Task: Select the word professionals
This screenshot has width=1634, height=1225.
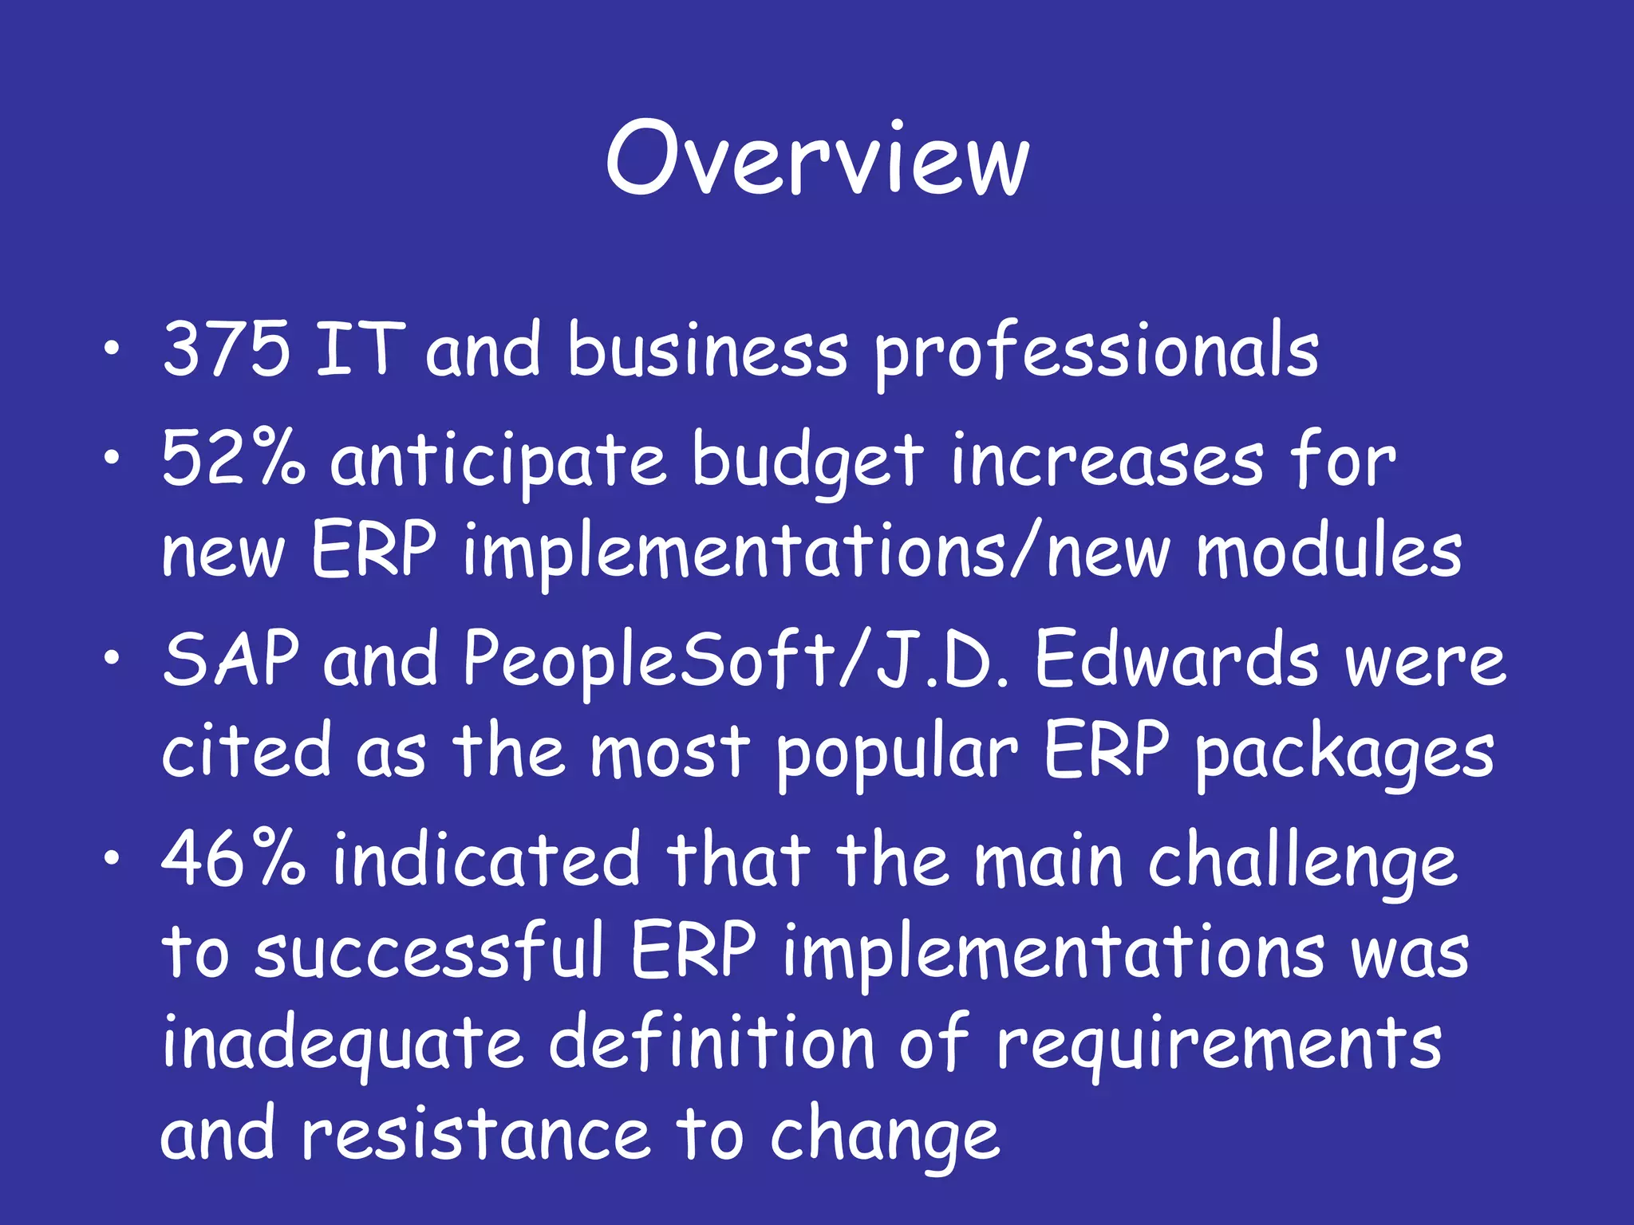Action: pyautogui.click(x=1096, y=353)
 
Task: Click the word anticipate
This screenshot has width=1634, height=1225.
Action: pyautogui.click(x=499, y=463)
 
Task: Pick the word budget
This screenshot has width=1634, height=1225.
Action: pyautogui.click(x=807, y=463)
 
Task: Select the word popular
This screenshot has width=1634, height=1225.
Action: pyautogui.click(x=897, y=754)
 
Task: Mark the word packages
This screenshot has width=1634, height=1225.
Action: pyautogui.click(x=1345, y=754)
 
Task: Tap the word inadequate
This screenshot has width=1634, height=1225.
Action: pyautogui.click(x=343, y=1045)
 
